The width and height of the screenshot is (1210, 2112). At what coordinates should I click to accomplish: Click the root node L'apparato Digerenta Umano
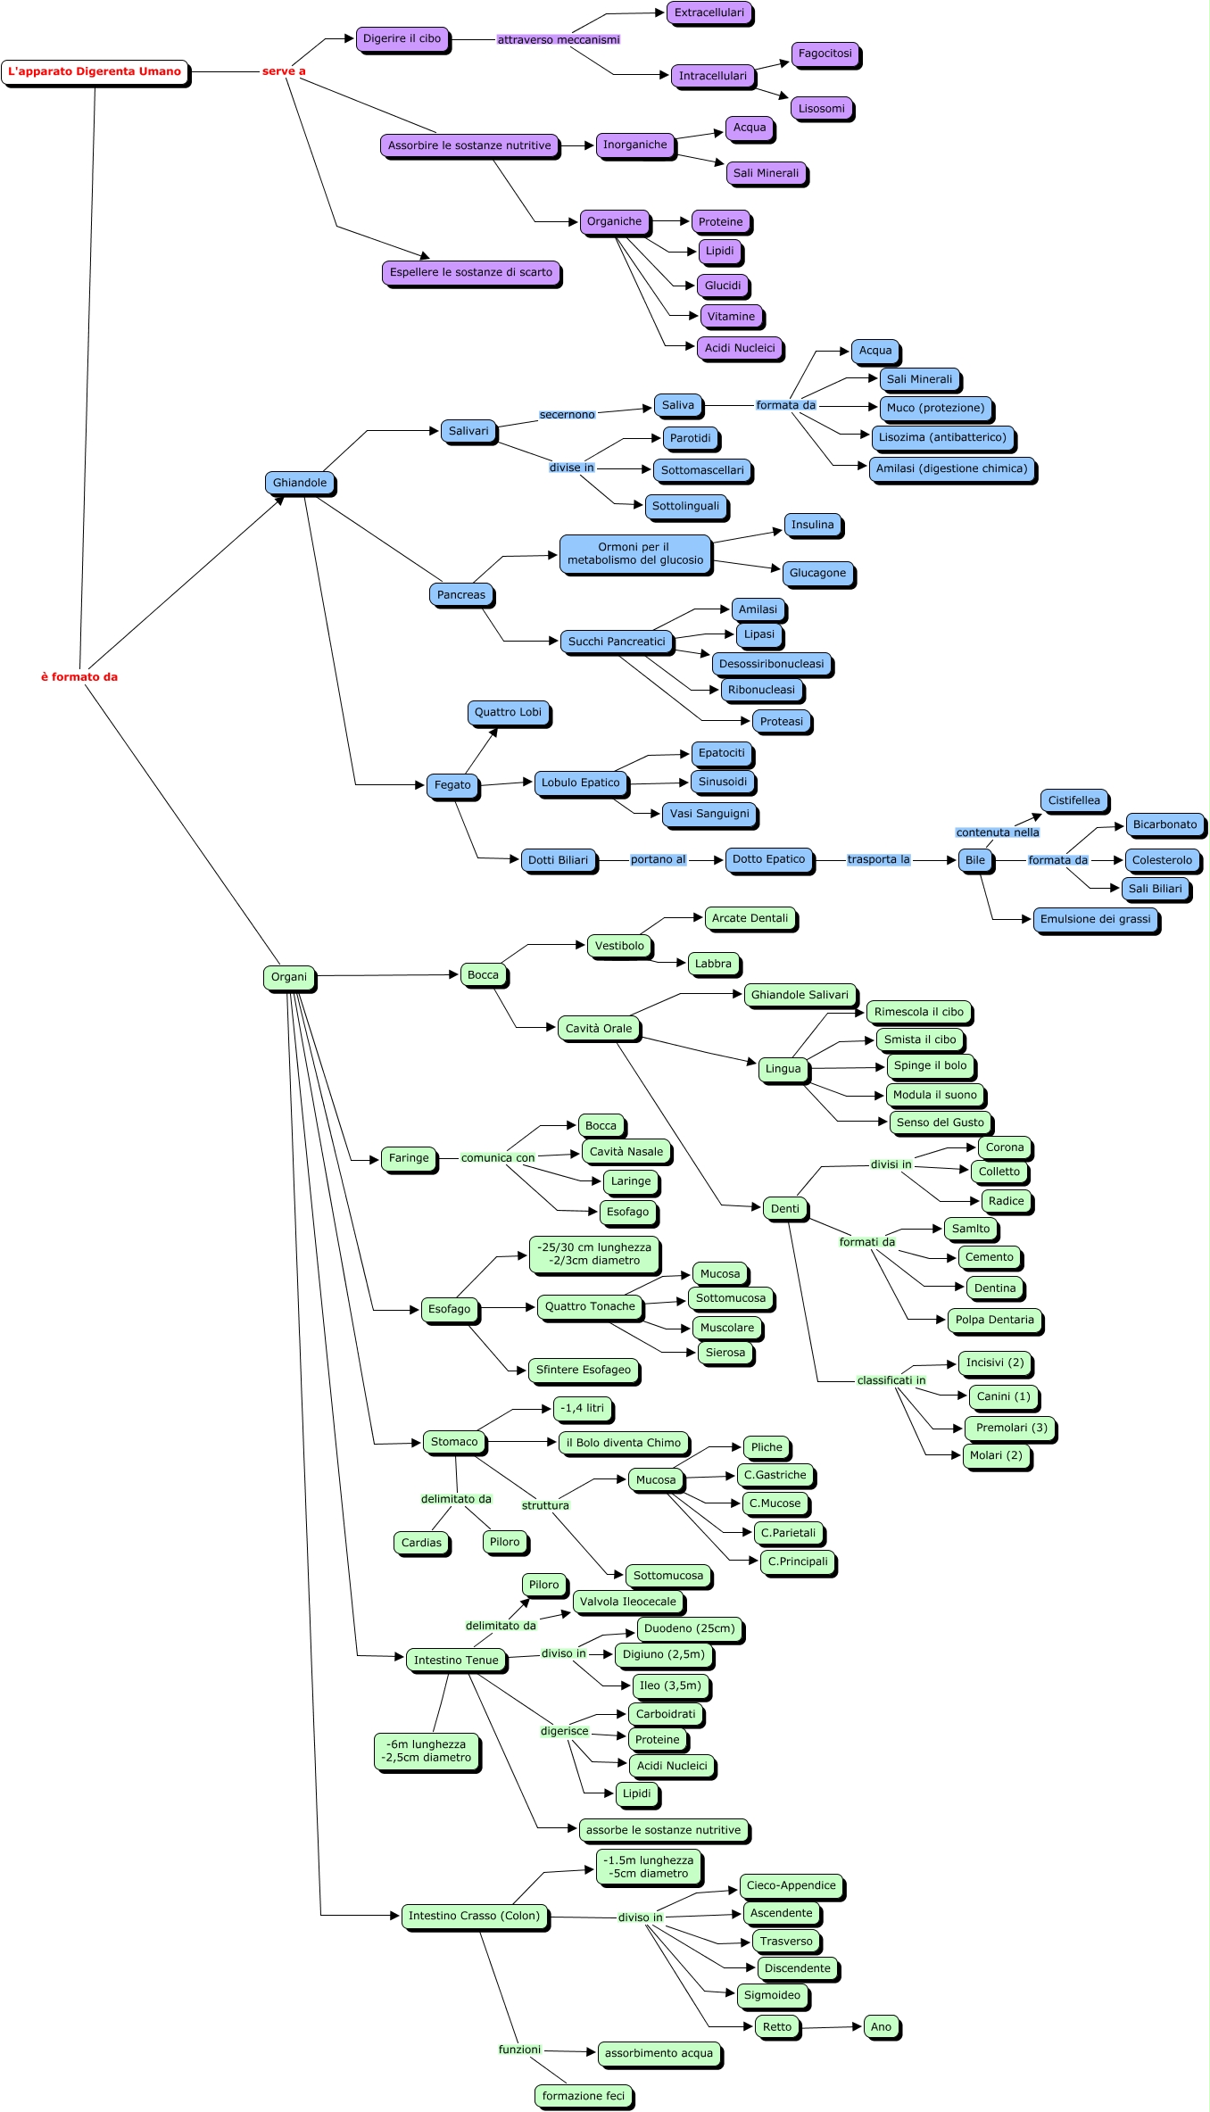[x=95, y=72]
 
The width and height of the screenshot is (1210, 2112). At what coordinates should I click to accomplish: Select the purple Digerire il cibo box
[x=402, y=39]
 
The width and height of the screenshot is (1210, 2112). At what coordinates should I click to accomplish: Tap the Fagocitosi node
[x=825, y=54]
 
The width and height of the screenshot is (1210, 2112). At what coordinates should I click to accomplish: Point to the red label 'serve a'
[x=284, y=71]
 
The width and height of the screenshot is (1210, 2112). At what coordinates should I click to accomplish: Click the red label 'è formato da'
[x=79, y=677]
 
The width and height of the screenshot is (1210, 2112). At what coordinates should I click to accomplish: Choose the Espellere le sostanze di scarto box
[x=470, y=273]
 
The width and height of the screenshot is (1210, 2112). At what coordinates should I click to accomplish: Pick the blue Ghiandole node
[x=300, y=484]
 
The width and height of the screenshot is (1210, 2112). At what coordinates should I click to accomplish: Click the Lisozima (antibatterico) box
[x=942, y=438]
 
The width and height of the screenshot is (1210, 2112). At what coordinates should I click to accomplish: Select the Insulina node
[x=812, y=526]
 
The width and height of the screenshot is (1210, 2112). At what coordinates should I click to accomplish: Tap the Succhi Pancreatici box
[x=617, y=642]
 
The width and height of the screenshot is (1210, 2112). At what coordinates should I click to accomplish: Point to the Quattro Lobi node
[x=508, y=713]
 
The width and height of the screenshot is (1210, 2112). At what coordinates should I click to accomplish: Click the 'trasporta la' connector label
[x=878, y=860]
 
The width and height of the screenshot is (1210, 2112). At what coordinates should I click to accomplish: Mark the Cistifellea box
[x=1073, y=801]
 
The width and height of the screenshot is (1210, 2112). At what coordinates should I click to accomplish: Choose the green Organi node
[x=288, y=978]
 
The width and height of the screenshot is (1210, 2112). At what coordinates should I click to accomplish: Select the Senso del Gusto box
[x=940, y=1123]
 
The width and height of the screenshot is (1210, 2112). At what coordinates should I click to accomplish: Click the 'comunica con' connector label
[x=497, y=1158]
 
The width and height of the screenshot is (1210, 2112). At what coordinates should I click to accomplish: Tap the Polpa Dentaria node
[x=994, y=1321]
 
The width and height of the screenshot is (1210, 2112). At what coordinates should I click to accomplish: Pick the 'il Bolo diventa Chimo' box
[x=623, y=1443]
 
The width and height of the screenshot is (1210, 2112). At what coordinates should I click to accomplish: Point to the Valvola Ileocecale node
[x=627, y=1602]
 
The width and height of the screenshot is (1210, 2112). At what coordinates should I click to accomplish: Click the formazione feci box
[x=584, y=2096]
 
